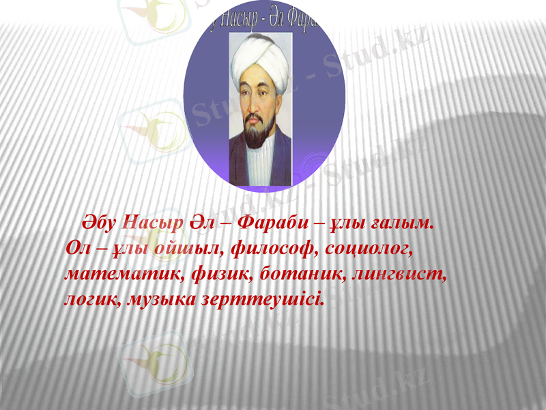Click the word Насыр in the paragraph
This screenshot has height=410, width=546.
pos(152,223)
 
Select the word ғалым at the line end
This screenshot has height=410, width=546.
pos(402,223)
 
